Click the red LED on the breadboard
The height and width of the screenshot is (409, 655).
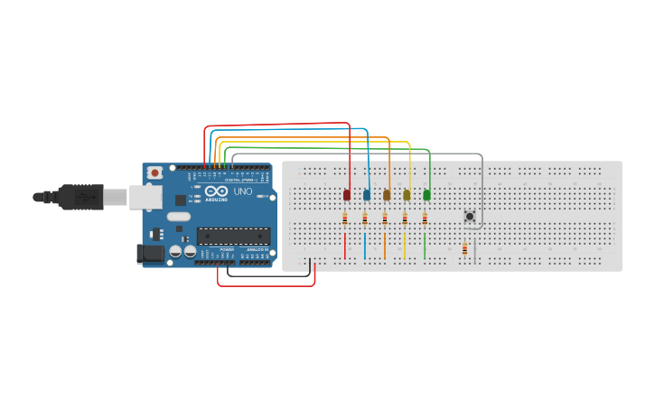point(347,194)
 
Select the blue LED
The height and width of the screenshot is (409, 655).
point(367,194)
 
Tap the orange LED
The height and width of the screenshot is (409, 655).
point(387,194)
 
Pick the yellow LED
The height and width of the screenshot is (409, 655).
point(407,194)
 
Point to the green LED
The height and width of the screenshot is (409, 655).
point(426,194)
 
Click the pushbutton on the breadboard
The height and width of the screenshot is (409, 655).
point(470,217)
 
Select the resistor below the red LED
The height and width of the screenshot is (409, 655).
point(345,218)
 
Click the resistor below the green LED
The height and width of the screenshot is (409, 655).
point(425,218)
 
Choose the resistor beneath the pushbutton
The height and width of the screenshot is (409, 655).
point(465,249)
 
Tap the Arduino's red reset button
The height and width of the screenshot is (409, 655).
point(154,172)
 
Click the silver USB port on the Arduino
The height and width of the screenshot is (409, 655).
point(145,197)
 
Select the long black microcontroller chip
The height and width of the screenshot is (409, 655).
point(233,237)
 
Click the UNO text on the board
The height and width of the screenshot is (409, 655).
point(243,191)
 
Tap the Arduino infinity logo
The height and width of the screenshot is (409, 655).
point(217,191)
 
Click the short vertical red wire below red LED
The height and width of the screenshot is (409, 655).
point(345,245)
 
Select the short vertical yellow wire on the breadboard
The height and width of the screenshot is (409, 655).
point(405,245)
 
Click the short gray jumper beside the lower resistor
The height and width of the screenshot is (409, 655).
point(475,250)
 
